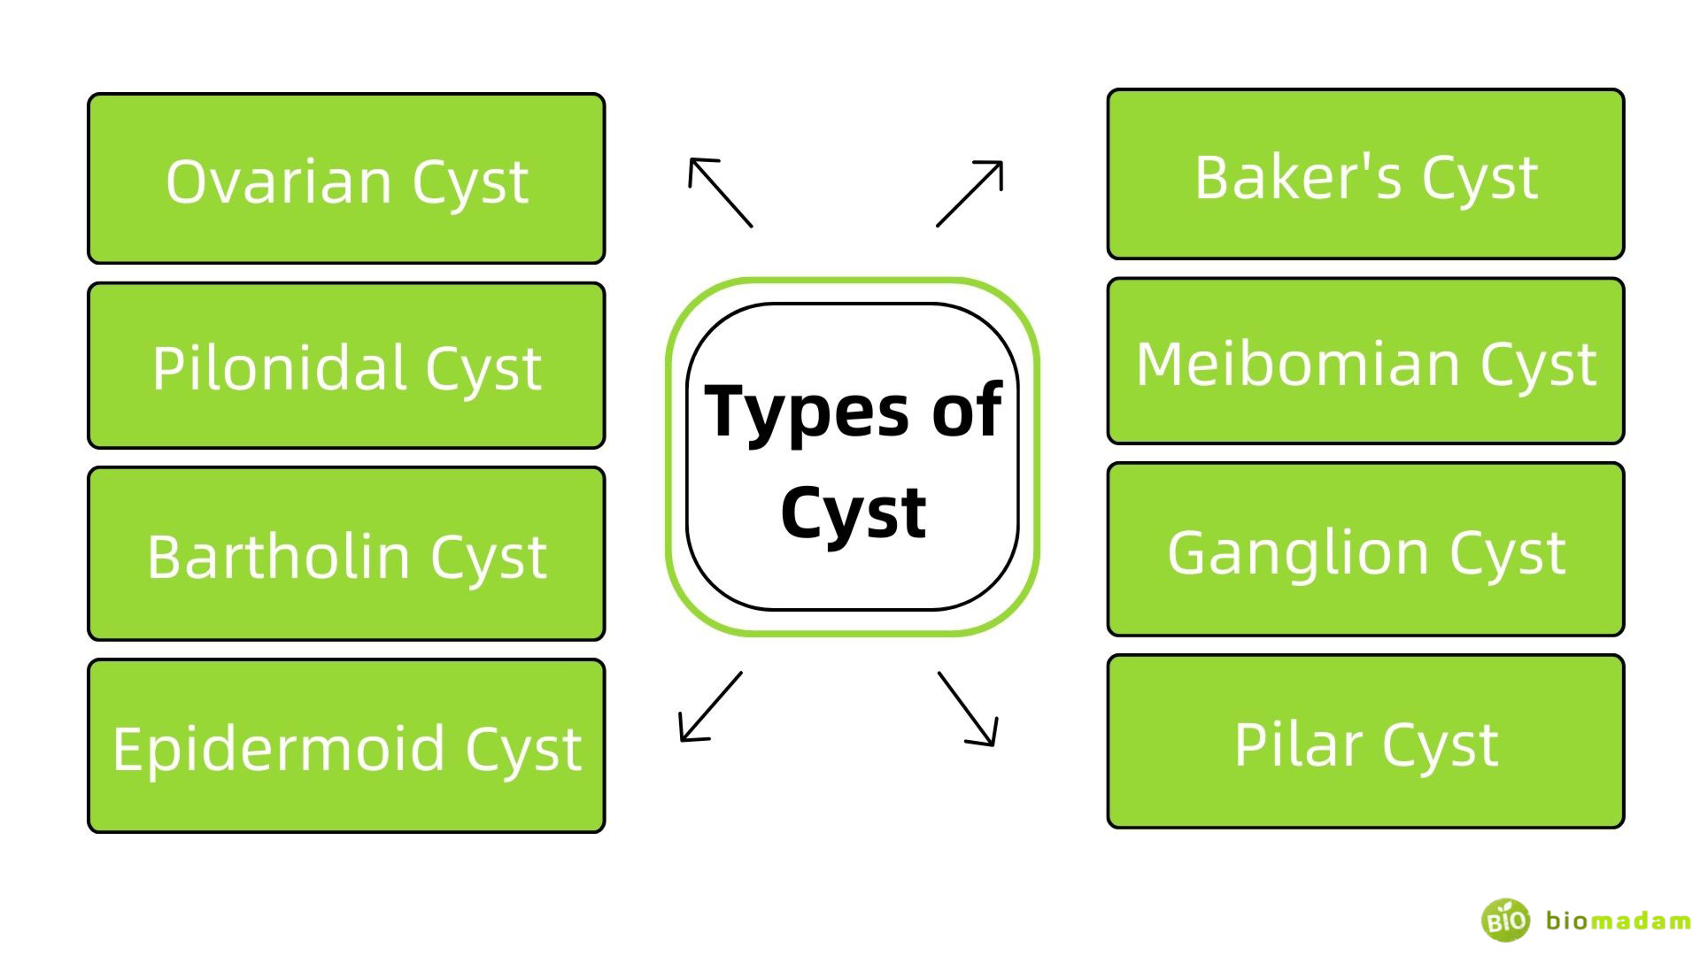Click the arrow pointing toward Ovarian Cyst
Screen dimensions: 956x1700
point(720,192)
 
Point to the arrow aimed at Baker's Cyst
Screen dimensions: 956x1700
point(970,193)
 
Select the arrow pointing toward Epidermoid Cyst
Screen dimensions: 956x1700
point(710,706)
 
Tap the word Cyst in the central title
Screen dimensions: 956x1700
point(853,513)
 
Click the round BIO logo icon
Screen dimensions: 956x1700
point(1505,920)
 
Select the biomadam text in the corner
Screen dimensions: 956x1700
point(1618,921)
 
